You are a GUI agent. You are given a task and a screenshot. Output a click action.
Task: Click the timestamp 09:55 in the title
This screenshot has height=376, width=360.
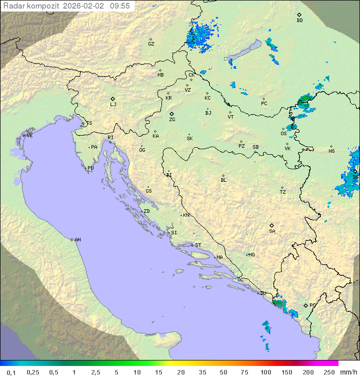click(120, 6)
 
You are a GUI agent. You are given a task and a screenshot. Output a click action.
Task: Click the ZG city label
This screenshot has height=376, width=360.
click(172, 120)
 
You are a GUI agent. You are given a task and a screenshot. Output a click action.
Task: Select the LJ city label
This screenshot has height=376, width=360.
click(113, 105)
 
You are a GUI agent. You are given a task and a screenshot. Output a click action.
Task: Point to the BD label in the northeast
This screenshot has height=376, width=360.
click(299, 21)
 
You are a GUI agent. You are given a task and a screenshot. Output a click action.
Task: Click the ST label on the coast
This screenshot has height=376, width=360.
click(198, 245)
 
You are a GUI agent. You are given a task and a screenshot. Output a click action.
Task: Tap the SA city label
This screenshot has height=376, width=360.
click(272, 231)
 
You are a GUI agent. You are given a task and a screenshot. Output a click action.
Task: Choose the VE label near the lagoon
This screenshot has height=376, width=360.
click(29, 136)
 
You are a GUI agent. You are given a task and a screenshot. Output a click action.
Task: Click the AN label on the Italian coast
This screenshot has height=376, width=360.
click(77, 240)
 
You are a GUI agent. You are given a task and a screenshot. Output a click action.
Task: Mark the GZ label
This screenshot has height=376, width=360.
click(151, 44)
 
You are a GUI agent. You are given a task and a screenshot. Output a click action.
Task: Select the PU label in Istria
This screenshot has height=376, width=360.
click(90, 168)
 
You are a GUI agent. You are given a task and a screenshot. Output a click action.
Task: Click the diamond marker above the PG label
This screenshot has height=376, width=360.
click(306, 305)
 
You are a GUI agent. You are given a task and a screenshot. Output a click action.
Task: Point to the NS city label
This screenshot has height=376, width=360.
click(331, 151)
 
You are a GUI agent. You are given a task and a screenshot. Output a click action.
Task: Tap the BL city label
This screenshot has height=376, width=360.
click(223, 180)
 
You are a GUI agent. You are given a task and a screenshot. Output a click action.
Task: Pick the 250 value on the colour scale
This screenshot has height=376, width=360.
click(329, 372)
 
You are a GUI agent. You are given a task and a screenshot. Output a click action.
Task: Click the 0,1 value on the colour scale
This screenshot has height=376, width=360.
click(11, 372)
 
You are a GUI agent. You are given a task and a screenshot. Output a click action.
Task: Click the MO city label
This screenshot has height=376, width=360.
click(251, 255)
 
